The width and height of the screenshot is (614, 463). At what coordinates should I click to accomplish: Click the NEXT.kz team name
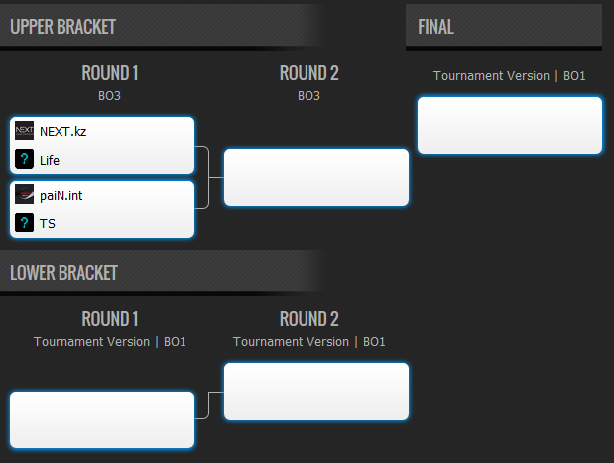point(63,132)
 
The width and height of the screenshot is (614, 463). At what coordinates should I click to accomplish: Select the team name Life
point(50,160)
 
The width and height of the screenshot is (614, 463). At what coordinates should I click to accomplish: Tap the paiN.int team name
point(61,195)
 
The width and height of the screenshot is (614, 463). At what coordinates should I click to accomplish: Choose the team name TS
point(48,223)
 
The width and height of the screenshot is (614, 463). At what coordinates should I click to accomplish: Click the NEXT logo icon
point(24,130)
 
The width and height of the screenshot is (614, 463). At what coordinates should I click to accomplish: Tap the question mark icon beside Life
point(24,159)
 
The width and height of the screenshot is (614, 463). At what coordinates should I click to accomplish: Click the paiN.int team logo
point(24,194)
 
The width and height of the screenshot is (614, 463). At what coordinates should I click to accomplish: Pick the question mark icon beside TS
point(24,223)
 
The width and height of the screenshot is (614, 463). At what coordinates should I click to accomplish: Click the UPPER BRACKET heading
point(63,27)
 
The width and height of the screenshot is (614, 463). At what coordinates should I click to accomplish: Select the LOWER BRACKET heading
point(63,273)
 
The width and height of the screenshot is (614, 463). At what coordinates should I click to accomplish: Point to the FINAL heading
point(435,27)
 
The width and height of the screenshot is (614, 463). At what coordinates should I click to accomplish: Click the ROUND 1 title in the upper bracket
point(110,73)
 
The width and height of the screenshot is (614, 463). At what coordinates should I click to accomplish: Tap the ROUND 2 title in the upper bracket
point(308,73)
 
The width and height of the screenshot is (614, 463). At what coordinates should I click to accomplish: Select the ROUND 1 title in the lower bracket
point(110,319)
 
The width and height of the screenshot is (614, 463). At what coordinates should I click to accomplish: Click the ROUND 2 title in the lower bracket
point(308,319)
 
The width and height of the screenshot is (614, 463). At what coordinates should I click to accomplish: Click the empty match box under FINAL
point(510,125)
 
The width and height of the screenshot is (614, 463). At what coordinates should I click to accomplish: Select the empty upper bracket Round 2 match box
point(316,177)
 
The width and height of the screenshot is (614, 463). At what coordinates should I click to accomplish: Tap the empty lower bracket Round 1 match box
point(102,419)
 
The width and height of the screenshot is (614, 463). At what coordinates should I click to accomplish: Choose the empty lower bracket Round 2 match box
point(316,392)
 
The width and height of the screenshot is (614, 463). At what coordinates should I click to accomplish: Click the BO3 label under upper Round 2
point(308,96)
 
